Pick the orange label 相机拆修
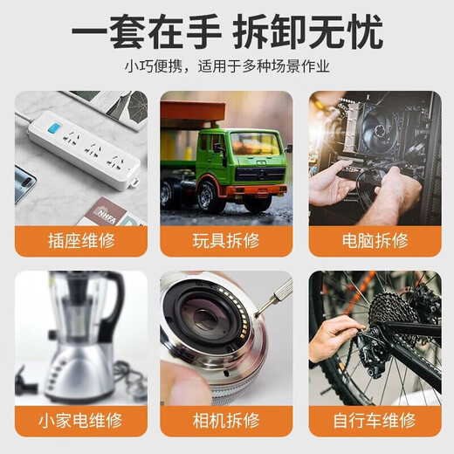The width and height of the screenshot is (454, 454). click(226, 419)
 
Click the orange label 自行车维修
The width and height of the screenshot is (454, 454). click(375, 419)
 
